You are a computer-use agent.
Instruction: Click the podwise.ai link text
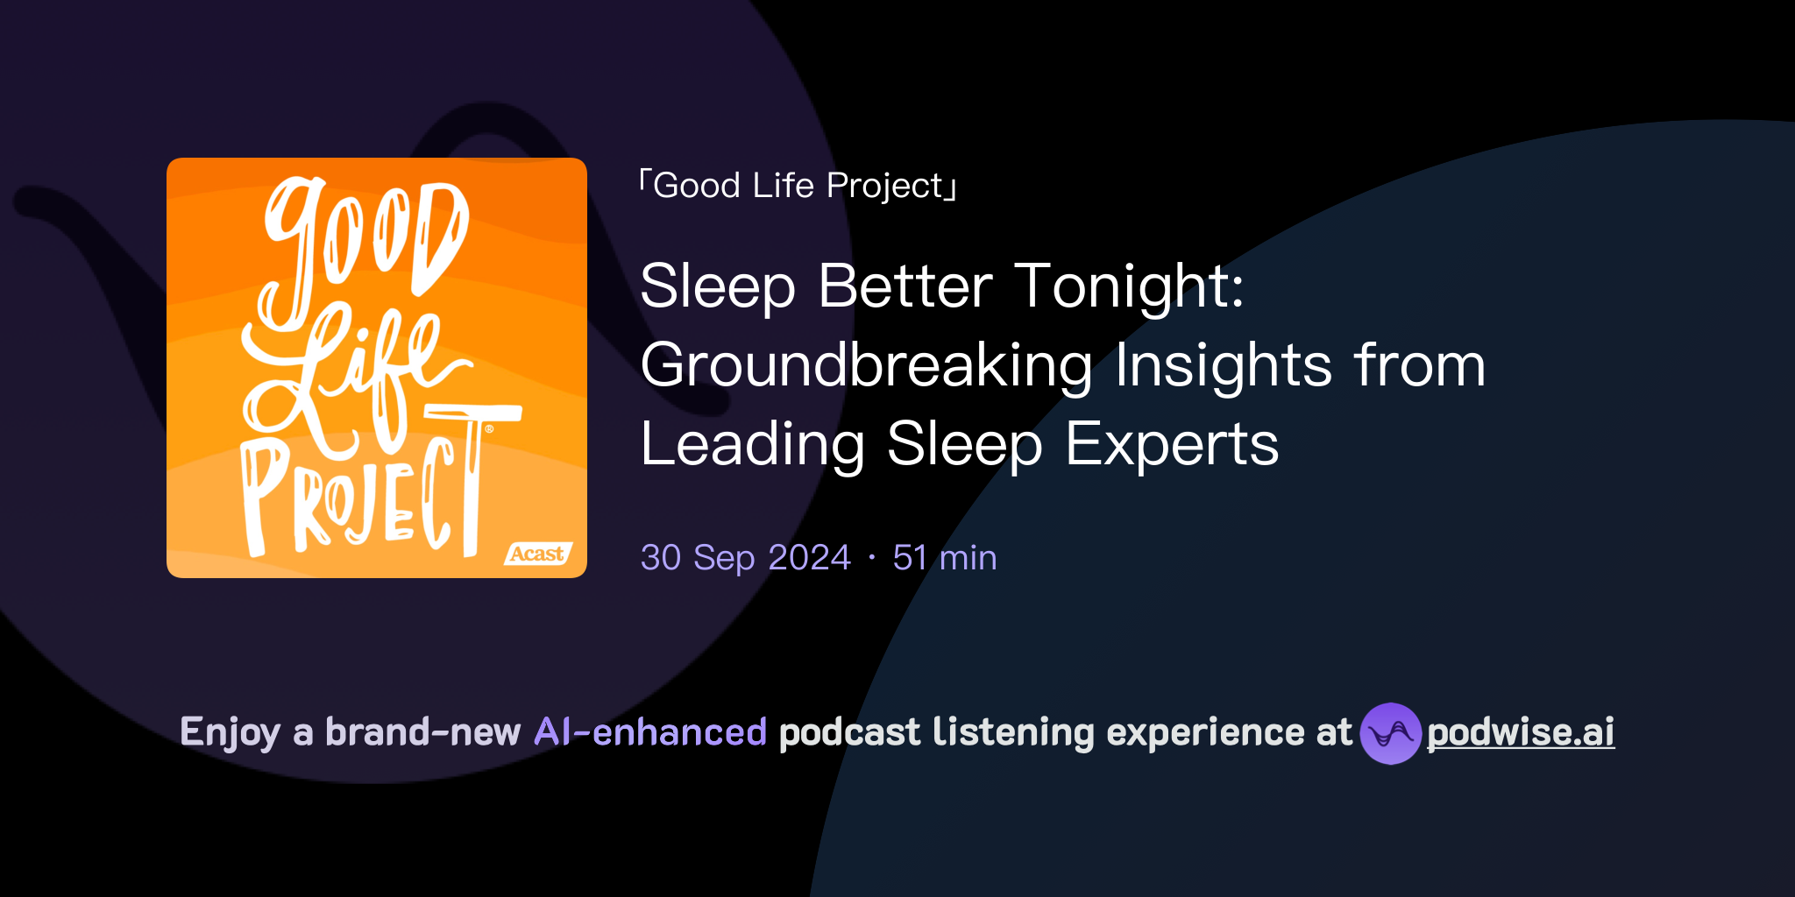point(1520,732)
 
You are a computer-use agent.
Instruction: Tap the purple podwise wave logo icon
point(1390,733)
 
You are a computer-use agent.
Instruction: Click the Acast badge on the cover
point(537,554)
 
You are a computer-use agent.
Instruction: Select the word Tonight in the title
point(1129,287)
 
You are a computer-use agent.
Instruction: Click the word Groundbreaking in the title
point(866,366)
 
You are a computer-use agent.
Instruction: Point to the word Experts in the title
point(1172,445)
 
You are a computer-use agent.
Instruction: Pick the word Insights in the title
point(1224,366)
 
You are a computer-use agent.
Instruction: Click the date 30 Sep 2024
point(745,558)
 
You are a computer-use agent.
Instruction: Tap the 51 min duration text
point(944,558)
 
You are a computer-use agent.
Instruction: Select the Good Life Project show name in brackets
point(798,186)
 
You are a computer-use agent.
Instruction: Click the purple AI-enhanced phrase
point(650,732)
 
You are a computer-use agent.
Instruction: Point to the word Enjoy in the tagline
point(230,732)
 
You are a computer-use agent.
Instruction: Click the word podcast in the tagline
point(849,732)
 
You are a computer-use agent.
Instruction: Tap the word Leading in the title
point(753,445)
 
